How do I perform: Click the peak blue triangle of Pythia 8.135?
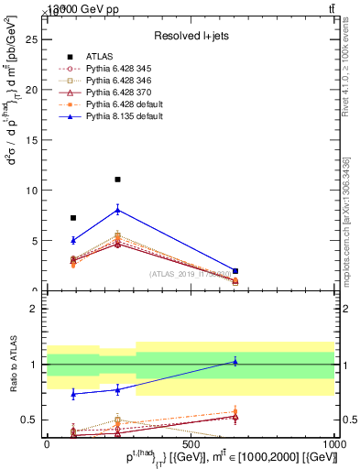point(117,210)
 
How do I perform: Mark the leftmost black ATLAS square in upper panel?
point(73,218)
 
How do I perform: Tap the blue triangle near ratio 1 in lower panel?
point(235,362)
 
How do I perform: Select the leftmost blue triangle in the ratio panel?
point(73,393)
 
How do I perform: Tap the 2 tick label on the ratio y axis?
point(34,309)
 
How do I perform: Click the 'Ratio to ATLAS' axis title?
point(14,365)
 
